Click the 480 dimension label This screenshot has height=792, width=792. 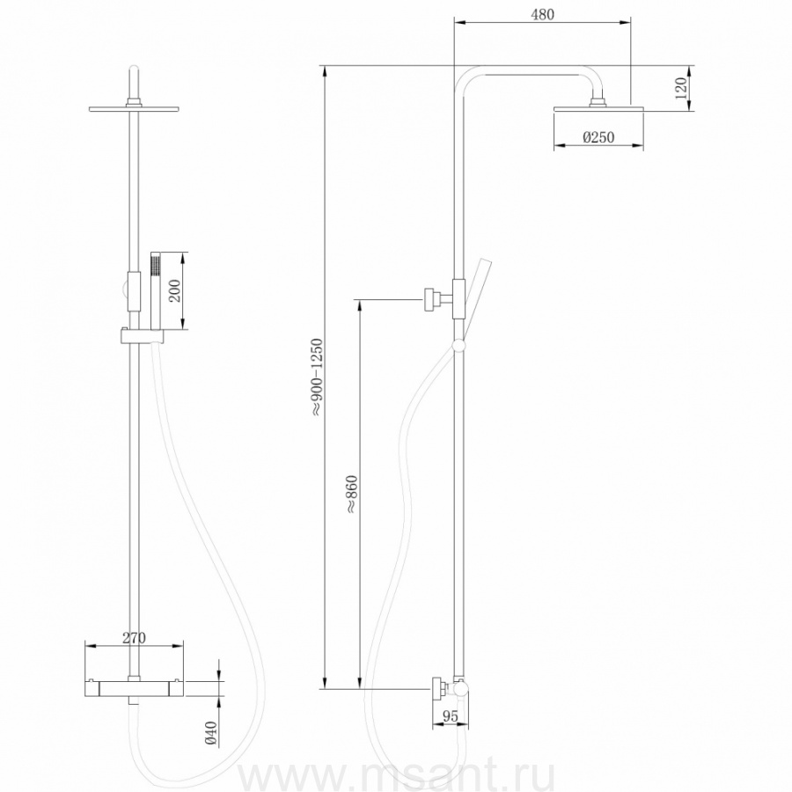(542, 14)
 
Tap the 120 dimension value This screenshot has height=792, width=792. (681, 88)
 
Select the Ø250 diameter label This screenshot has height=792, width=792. (598, 137)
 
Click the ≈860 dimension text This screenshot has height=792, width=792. (351, 495)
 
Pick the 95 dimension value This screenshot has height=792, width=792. (450, 715)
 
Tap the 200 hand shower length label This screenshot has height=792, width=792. (174, 291)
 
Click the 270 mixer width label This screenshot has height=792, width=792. (134, 638)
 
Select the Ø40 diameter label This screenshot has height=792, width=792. (210, 733)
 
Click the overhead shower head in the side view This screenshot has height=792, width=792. (598, 109)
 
